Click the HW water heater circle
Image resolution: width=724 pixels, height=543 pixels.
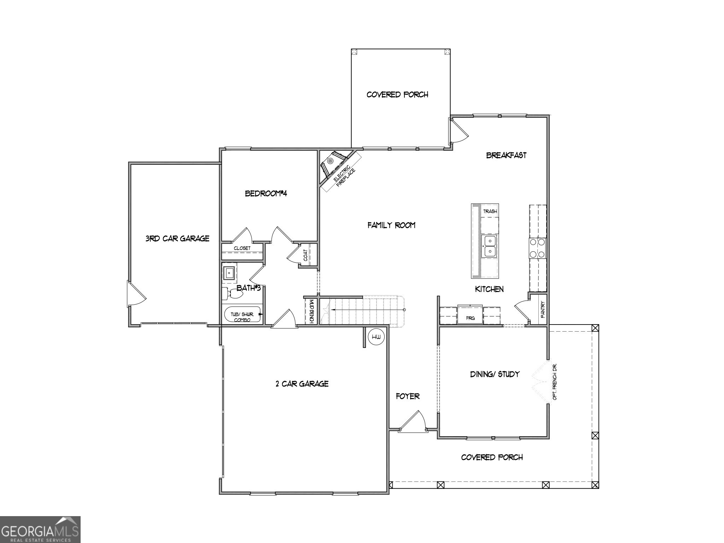(x=377, y=338)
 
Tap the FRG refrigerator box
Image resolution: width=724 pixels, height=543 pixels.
(x=470, y=315)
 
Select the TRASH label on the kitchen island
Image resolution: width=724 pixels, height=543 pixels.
(x=490, y=211)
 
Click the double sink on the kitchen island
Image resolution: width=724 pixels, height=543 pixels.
(x=490, y=246)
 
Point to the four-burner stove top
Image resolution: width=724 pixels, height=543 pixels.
(x=537, y=248)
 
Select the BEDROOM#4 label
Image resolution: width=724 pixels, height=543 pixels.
(x=266, y=193)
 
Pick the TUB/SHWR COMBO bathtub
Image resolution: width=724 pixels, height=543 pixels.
(x=243, y=314)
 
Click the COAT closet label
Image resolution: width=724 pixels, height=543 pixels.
(x=305, y=255)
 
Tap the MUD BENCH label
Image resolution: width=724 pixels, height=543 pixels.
(x=311, y=311)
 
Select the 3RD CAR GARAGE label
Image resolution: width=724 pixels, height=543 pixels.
(x=177, y=239)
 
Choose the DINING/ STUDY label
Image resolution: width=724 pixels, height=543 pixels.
(x=495, y=374)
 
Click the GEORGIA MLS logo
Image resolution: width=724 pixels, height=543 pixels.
(x=40, y=530)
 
